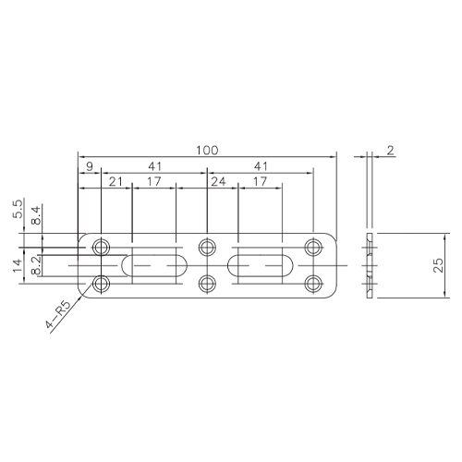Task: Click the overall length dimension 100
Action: [207, 151]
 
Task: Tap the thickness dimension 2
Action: [390, 151]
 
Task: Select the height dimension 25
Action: [439, 265]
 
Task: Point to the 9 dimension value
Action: [90, 166]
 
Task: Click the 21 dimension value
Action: [115, 182]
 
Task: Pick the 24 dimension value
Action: [218, 182]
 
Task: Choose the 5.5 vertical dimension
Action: [18, 209]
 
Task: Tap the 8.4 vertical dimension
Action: [36, 215]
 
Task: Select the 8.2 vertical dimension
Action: [36, 265]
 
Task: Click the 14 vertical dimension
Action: [18, 265]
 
